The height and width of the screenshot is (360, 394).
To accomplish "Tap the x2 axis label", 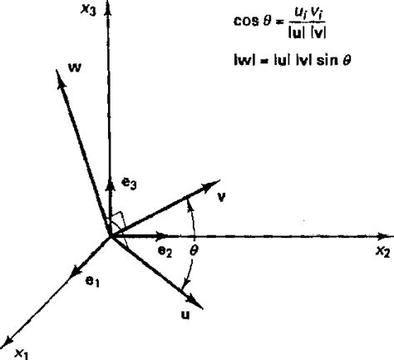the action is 381,251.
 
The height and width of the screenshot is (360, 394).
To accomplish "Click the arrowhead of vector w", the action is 62,77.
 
